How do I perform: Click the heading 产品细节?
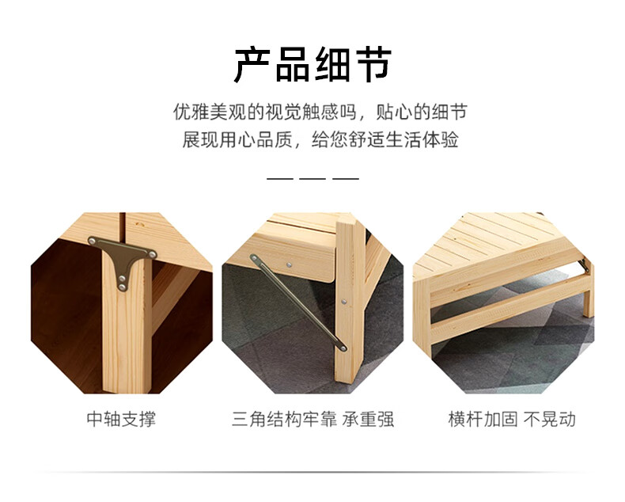(312, 65)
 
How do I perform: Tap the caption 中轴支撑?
(122, 420)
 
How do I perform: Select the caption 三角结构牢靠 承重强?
(313, 420)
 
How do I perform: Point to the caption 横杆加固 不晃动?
(512, 420)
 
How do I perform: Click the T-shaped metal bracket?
(123, 257)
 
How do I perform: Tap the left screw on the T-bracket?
(93, 241)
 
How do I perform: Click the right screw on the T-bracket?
(152, 254)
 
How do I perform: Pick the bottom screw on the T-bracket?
(123, 287)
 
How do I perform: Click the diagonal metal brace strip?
(298, 303)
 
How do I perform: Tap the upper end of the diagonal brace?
(253, 258)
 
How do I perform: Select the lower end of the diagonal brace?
(343, 348)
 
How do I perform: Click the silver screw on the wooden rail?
(289, 264)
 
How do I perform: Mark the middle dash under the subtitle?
(312, 179)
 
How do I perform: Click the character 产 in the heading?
(252, 65)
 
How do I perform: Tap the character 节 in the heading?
(373, 65)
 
